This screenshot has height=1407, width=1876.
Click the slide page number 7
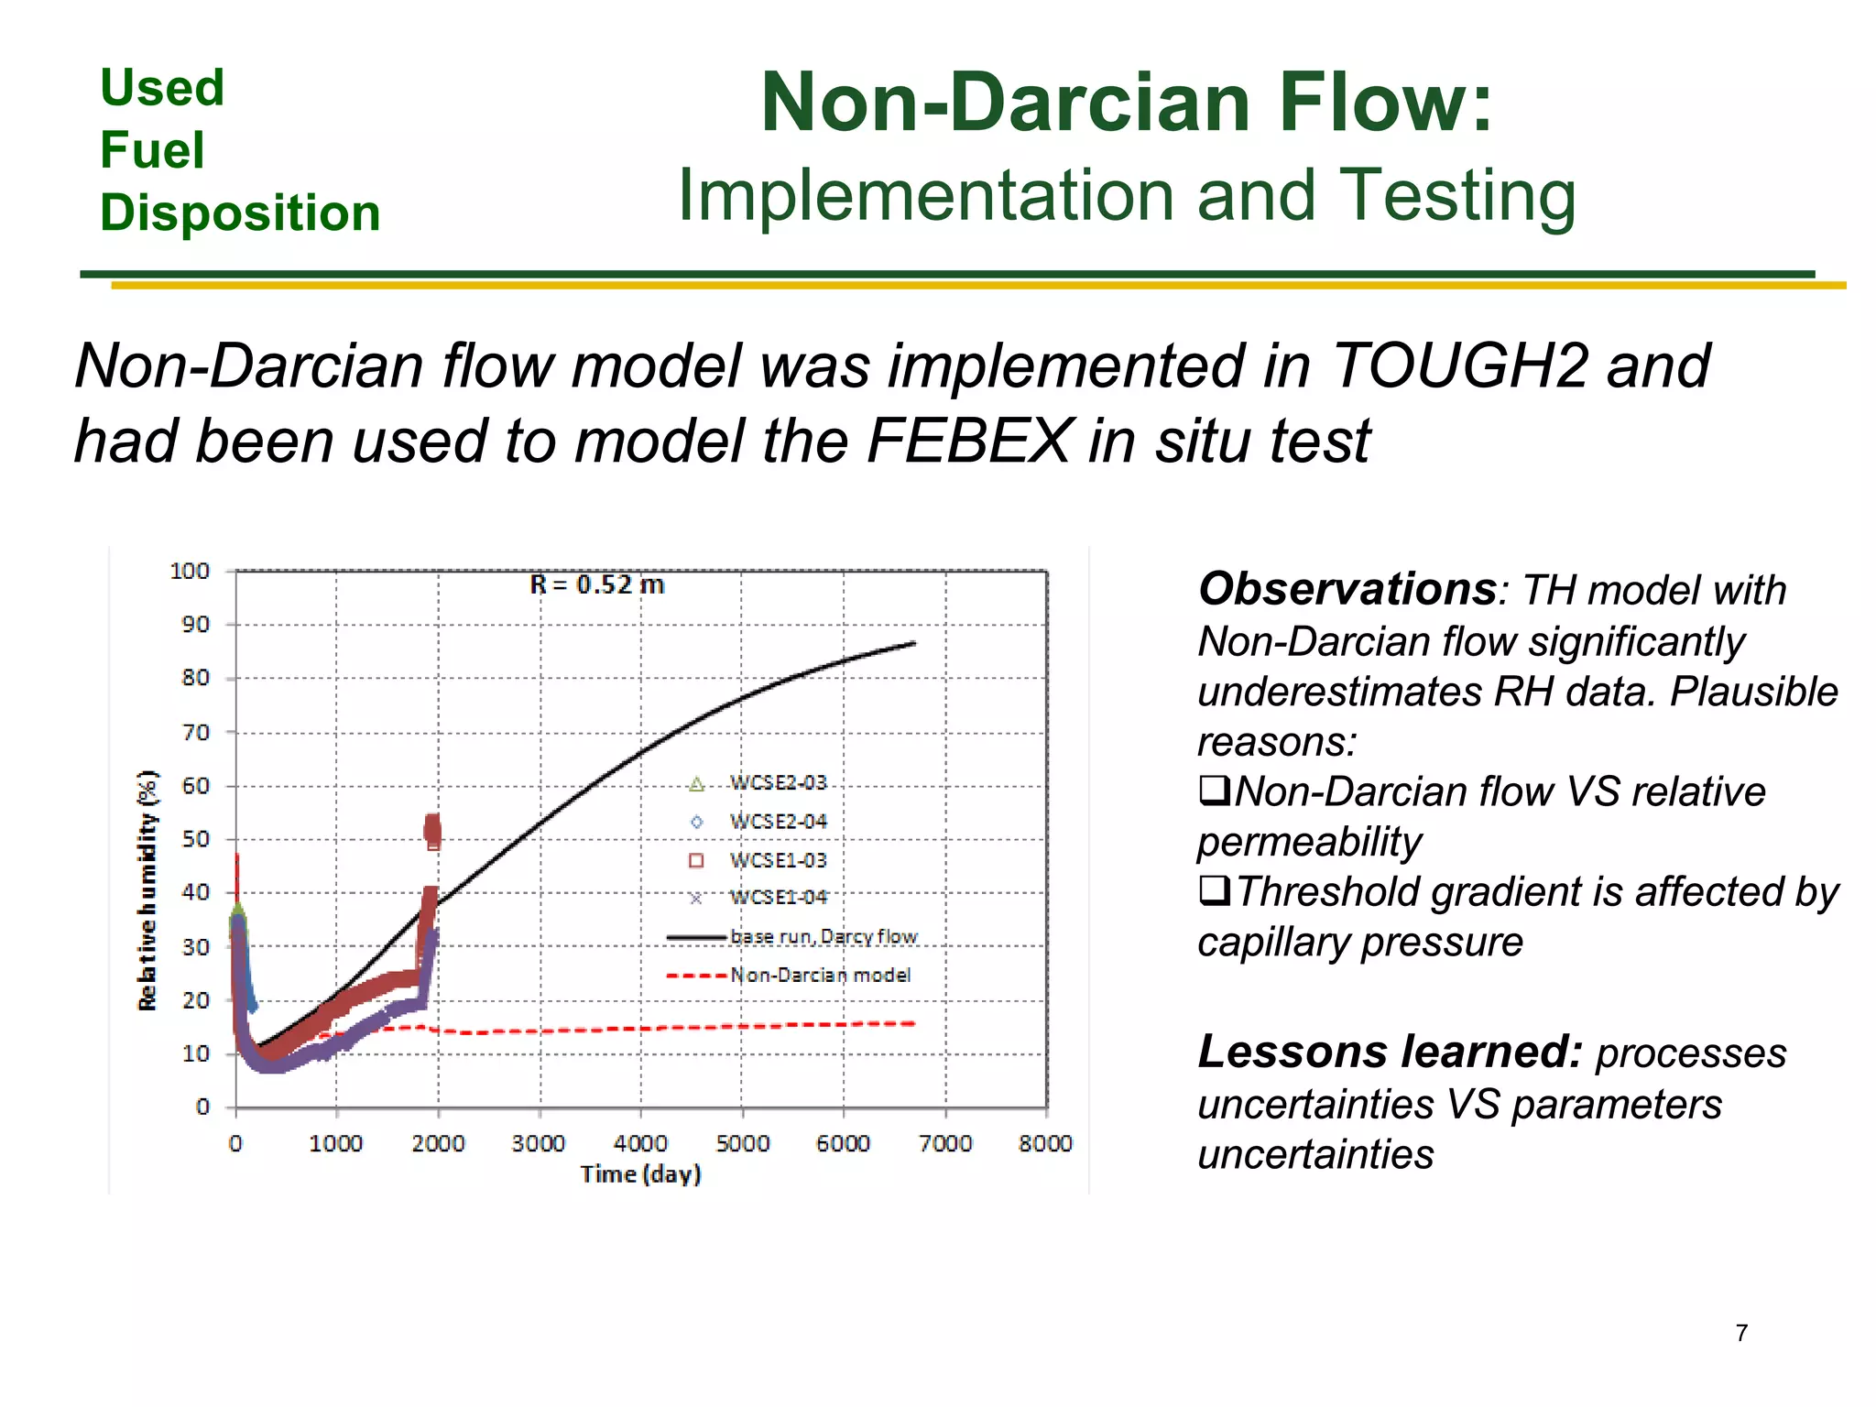tap(1741, 1333)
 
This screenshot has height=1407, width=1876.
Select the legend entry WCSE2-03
tap(777, 783)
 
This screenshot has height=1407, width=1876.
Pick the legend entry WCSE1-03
tap(777, 860)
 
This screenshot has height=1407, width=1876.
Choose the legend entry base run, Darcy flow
tap(823, 936)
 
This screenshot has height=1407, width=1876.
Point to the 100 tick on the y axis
tap(191, 572)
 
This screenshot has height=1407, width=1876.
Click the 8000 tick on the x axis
tap(1045, 1143)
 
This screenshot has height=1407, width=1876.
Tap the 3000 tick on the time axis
tap(539, 1143)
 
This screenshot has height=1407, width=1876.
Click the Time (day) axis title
tap(640, 1174)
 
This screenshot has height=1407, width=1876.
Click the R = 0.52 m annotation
tap(597, 584)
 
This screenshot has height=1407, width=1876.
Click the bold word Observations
tap(1347, 589)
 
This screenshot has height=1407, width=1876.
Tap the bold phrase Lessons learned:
tap(1390, 1052)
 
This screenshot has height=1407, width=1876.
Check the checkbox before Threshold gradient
tap(1214, 889)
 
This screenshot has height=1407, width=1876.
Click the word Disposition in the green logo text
tap(240, 213)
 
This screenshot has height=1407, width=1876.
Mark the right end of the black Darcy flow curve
tap(914, 643)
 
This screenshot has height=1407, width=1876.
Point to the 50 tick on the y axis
tap(195, 839)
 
